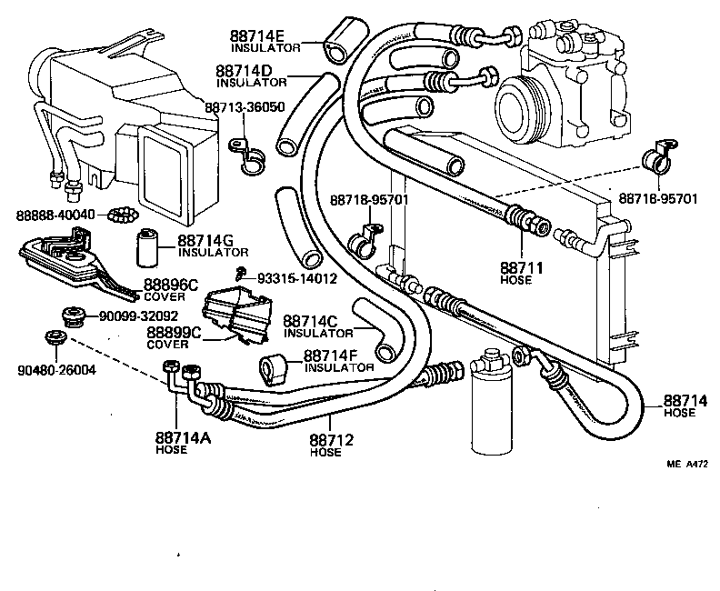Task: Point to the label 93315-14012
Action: [x=297, y=277]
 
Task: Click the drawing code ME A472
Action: [x=687, y=461]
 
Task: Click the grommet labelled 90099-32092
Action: [x=72, y=316]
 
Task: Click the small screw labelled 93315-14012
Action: [x=238, y=275]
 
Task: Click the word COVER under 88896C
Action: [x=164, y=296]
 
